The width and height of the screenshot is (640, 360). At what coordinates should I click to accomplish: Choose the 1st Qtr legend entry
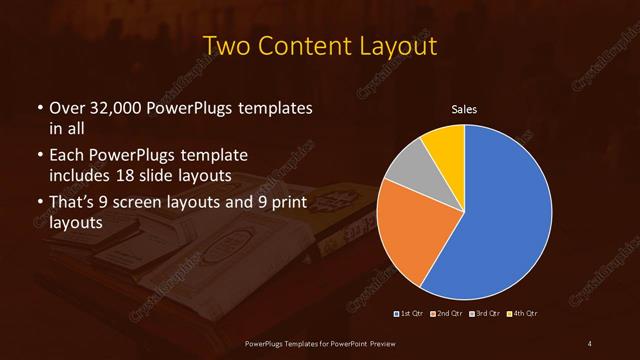(410, 314)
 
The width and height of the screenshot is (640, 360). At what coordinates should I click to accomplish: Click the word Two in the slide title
(225, 47)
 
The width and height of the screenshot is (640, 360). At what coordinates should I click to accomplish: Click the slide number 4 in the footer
(589, 344)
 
